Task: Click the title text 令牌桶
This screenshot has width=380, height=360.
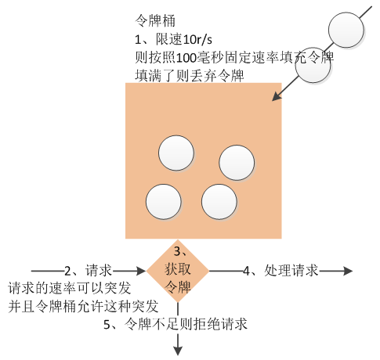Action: [154, 21]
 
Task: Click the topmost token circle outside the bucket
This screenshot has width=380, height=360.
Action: [346, 31]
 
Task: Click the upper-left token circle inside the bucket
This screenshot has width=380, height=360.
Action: [176, 153]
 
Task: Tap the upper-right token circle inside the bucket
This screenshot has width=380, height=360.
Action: [237, 163]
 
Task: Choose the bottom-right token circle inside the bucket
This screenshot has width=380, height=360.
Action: [219, 201]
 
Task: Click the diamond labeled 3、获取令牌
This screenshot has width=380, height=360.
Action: [178, 271]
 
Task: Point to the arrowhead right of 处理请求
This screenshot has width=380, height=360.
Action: [347, 271]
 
